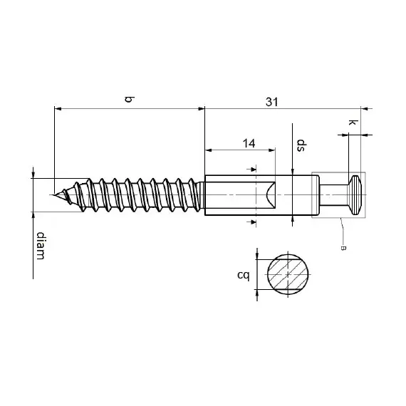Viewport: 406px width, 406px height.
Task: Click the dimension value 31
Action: coord(271,102)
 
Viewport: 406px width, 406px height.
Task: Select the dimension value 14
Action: coord(249,143)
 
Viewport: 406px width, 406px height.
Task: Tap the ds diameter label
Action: coord(301,146)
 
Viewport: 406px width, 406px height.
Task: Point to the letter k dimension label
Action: coord(351,123)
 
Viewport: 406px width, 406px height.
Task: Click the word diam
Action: coord(41,246)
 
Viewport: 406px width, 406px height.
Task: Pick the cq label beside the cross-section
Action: coord(243,274)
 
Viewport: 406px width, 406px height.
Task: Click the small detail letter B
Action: coord(344,247)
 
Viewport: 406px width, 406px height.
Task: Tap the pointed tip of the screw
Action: coord(54,193)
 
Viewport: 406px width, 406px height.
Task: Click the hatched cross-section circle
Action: coord(290,274)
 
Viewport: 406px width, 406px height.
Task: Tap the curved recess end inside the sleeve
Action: coord(269,194)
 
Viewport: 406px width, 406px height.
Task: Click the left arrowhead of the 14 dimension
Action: coord(209,150)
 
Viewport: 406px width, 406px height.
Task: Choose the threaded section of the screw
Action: coord(135,194)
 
